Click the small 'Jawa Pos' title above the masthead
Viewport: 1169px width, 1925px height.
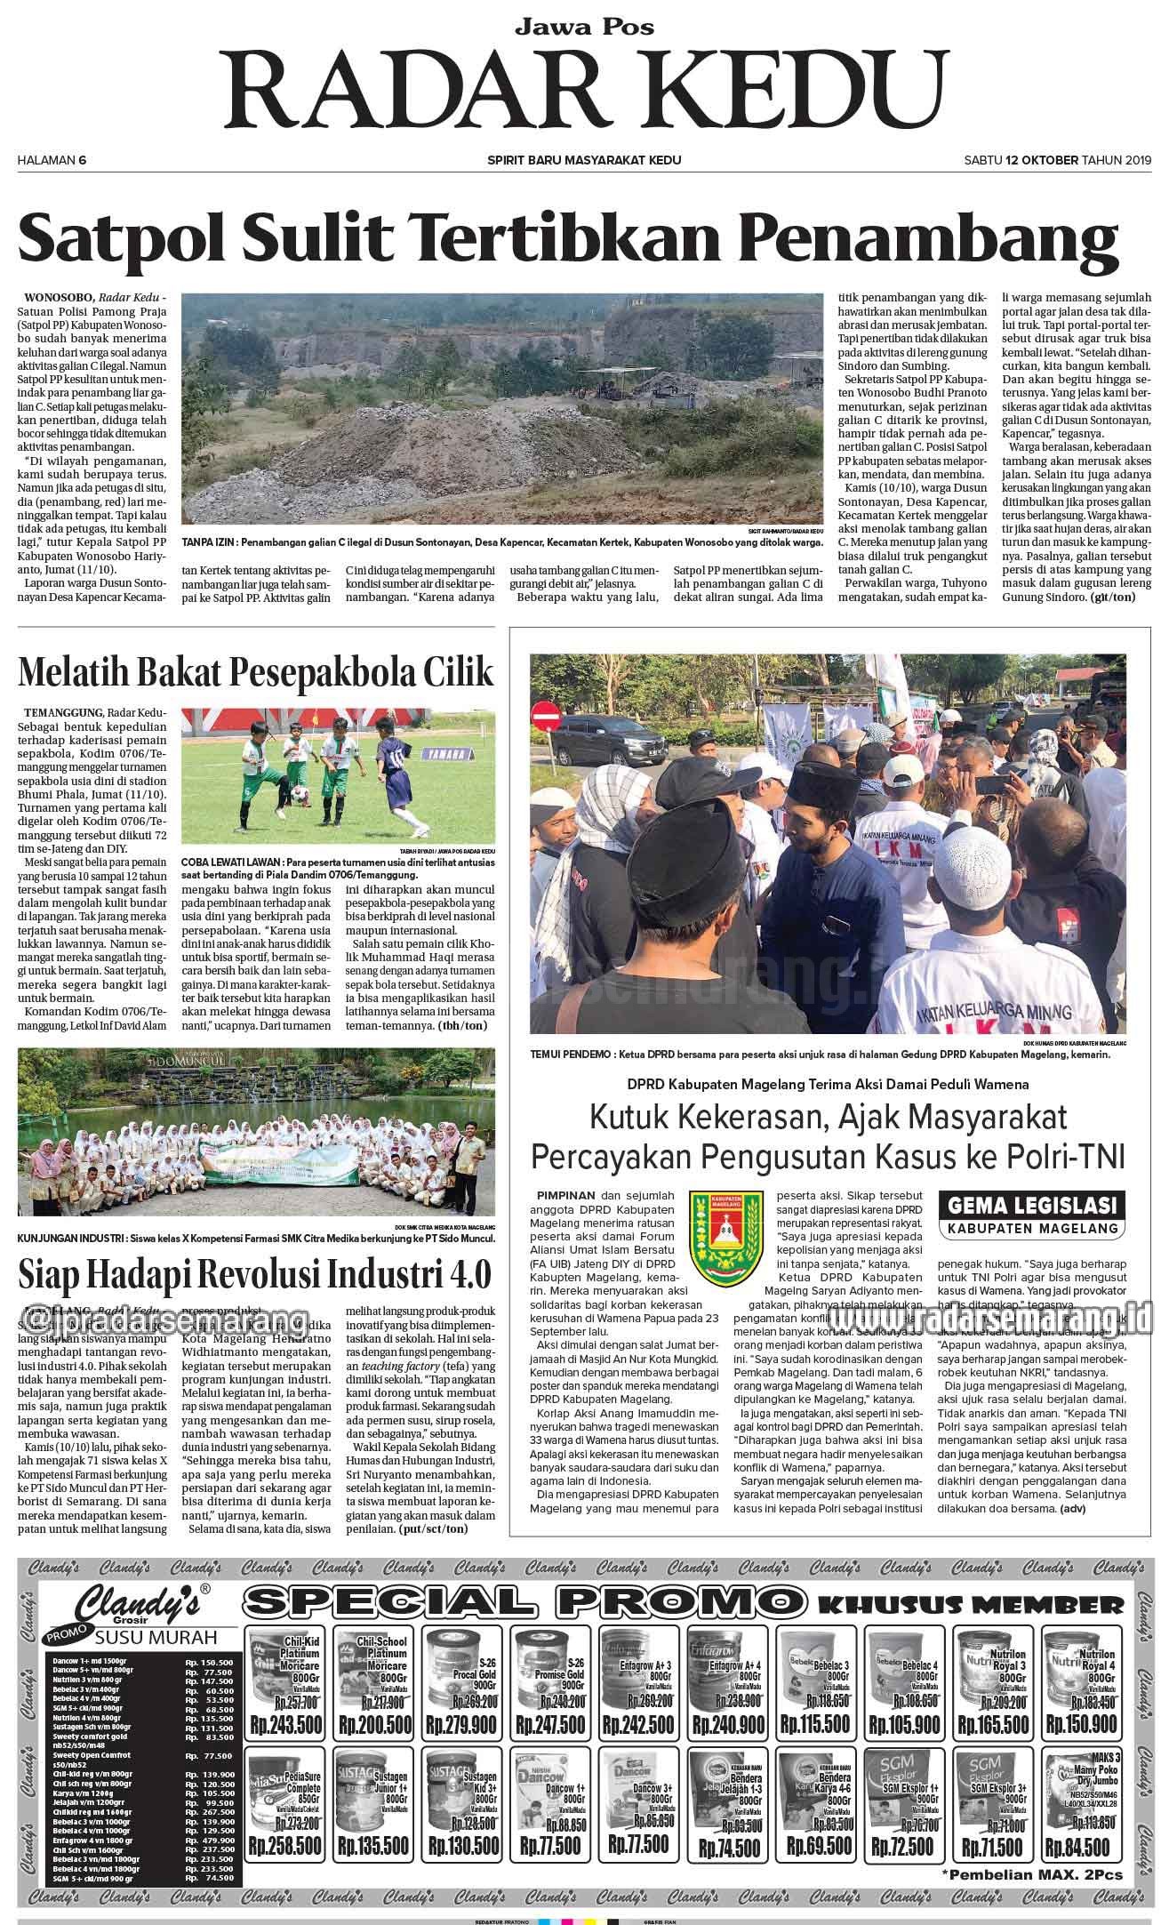[x=584, y=27]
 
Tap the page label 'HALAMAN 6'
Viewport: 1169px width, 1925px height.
[x=52, y=160]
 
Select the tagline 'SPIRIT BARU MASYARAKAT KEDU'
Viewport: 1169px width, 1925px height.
[x=584, y=160]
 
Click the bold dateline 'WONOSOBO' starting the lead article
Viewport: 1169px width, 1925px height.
[x=58, y=296]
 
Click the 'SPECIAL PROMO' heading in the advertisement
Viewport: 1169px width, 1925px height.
[x=526, y=1602]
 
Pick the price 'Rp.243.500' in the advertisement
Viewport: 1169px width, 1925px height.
[x=284, y=1724]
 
